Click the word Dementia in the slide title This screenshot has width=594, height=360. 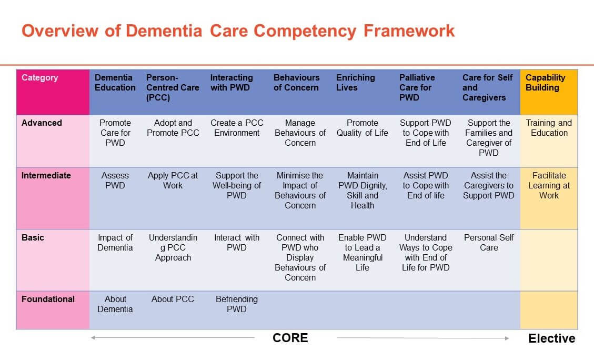[x=164, y=31]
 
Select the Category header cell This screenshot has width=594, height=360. [x=53, y=92]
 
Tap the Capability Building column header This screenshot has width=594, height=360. [x=549, y=92]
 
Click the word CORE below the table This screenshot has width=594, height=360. [x=290, y=338]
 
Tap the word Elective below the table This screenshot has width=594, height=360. [x=552, y=338]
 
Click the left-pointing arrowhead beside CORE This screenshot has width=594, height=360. [x=93, y=338]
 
